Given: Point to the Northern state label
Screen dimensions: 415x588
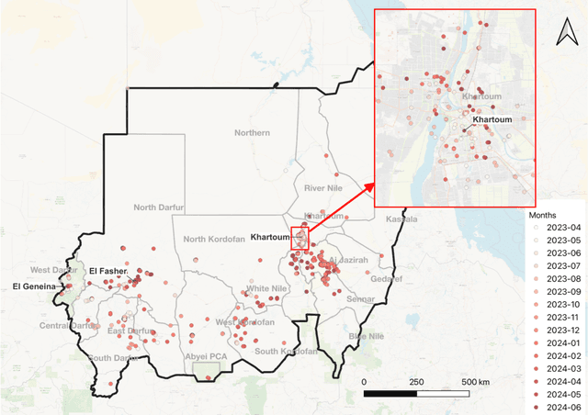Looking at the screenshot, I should click(253, 133).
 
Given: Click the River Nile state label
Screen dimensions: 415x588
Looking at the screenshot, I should click(322, 187).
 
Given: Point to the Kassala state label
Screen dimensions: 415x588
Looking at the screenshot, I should click(401, 219).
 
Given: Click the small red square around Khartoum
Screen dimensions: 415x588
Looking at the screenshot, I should click(300, 237).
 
